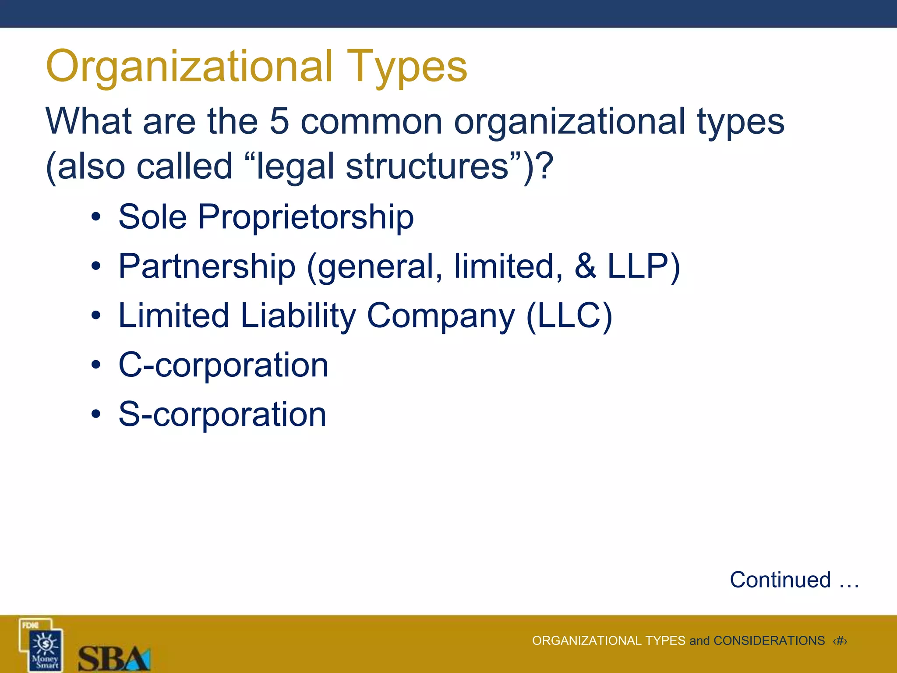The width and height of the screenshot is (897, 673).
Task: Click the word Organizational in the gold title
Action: pyautogui.click(x=189, y=67)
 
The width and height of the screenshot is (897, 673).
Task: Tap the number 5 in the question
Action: pyautogui.click(x=279, y=121)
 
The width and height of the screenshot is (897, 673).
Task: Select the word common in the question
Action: pyautogui.click(x=371, y=122)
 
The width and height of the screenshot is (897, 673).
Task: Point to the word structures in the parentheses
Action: pyautogui.click(x=427, y=166)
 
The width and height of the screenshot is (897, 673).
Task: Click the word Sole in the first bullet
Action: pyautogui.click(x=152, y=217)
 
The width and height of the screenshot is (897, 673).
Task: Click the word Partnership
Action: pyautogui.click(x=207, y=267)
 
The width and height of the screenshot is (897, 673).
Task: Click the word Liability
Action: pyautogui.click(x=298, y=316)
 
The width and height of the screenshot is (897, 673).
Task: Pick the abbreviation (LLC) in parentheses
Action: pyautogui.click(x=569, y=316)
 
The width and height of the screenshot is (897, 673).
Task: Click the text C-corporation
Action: pyautogui.click(x=223, y=365)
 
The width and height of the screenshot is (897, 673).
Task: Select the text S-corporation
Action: pyautogui.click(x=222, y=414)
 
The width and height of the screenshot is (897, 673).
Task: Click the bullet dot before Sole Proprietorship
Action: pyautogui.click(x=96, y=218)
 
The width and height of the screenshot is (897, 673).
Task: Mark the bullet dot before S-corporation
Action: pyautogui.click(x=96, y=415)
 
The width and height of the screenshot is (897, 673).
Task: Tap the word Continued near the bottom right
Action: pyautogui.click(x=780, y=580)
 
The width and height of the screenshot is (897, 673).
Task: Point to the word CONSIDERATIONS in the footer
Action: pyautogui.click(x=769, y=641)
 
